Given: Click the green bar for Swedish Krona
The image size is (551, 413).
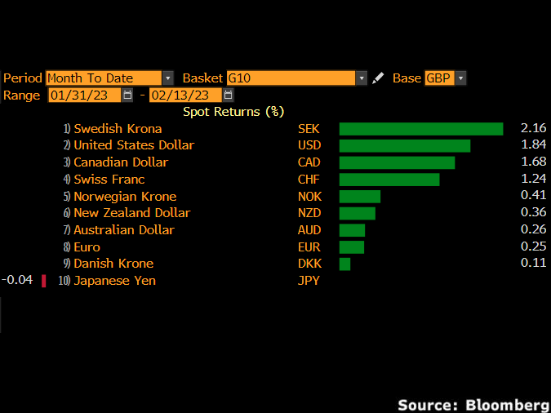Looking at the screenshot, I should tap(420, 129).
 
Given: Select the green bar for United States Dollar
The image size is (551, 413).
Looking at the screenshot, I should tap(404, 145).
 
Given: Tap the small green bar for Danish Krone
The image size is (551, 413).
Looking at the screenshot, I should tap(344, 264).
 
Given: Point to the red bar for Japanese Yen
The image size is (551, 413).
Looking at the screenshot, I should tap(43, 281).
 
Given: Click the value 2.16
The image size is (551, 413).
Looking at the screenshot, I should tap(533, 128).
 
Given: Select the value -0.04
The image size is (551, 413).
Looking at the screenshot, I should tap(17, 280).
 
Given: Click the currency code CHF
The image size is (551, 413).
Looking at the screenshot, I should tap(309, 180).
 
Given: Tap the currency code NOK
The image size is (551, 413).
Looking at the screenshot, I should tap(309, 197).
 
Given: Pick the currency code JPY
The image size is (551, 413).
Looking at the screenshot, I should tap(309, 281).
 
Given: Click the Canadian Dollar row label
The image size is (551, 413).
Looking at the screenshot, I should tap(120, 162).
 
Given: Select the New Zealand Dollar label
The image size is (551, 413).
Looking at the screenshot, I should tap(131, 213).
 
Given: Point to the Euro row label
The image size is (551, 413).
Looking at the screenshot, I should tap(87, 247).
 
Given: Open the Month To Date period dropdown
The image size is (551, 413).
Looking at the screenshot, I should tap(109, 78).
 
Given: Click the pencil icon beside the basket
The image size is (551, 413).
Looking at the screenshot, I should tap(377, 78).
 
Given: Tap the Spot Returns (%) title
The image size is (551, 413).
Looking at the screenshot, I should tap(233, 112).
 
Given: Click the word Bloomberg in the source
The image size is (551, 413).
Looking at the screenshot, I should tap(507, 405).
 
